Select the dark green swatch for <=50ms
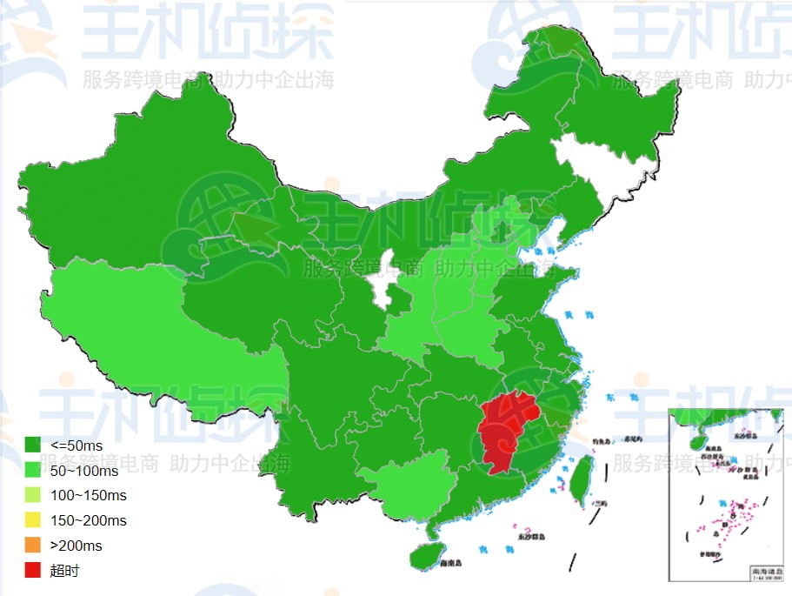tap(32, 445)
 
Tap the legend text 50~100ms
tap(84, 471)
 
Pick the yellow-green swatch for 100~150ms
tap(32, 496)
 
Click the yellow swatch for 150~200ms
tap(32, 520)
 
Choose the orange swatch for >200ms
tap(32, 546)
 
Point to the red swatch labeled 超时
tap(32, 571)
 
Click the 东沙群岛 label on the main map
tap(529, 539)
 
